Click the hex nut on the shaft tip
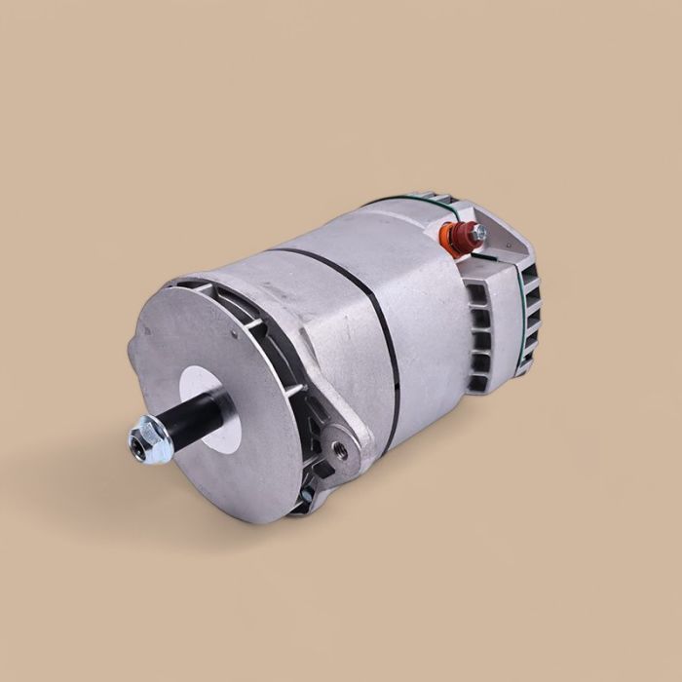point(150,439)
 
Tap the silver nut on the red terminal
point(477,233)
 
